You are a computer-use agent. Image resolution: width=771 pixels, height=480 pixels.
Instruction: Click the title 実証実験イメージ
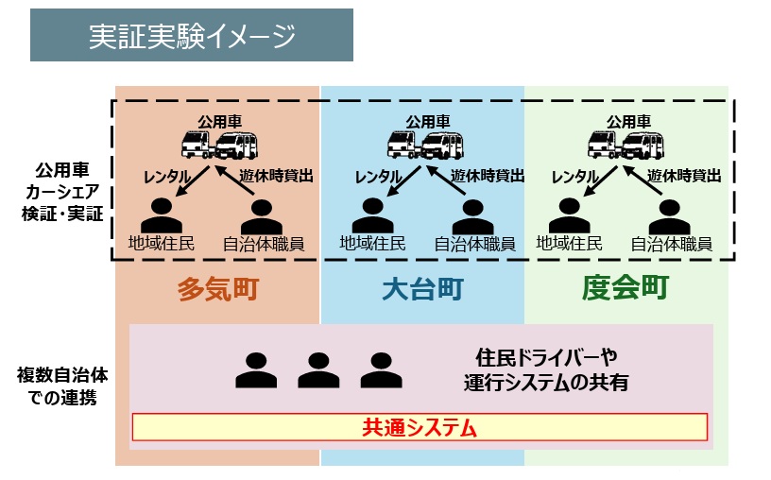tap(192, 35)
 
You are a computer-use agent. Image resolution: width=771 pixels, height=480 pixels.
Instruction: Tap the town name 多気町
tap(218, 288)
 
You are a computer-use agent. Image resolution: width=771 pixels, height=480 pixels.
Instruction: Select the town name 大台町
tap(422, 288)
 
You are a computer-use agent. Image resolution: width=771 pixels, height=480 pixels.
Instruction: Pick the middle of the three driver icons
tap(318, 370)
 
